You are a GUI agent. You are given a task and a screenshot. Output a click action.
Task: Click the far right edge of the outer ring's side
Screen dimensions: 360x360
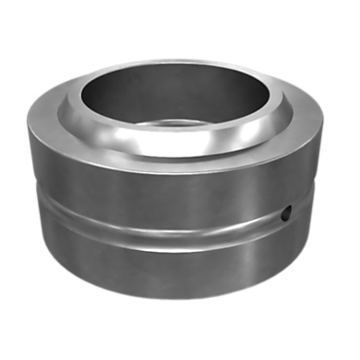pos(317,185)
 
